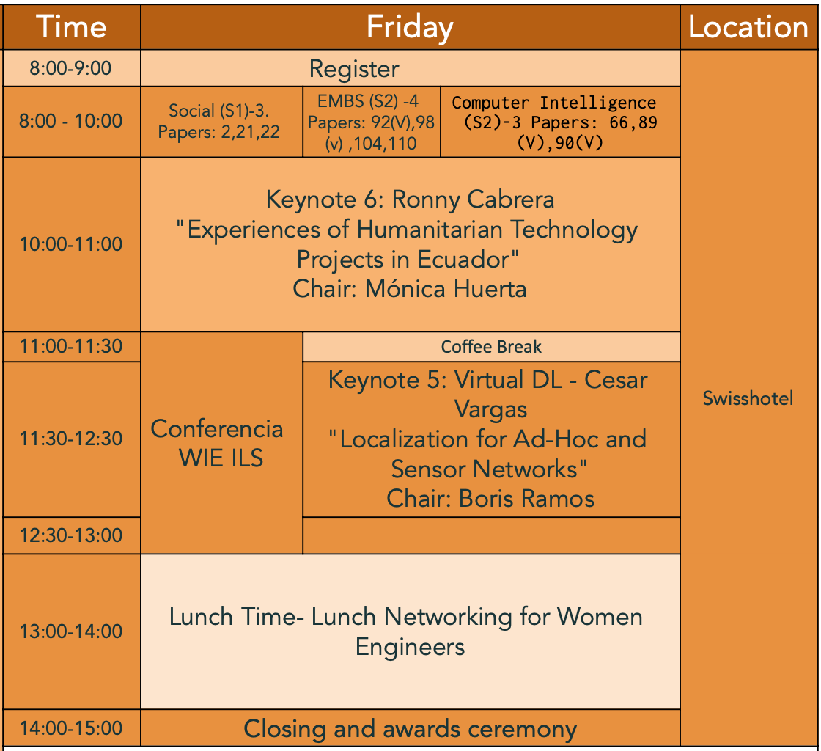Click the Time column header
tap(71, 27)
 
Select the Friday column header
tap(410, 27)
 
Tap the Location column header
tap(748, 27)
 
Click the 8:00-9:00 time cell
tap(71, 68)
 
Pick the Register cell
tap(410, 69)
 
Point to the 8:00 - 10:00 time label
tap(70, 121)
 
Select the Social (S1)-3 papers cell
tap(221, 122)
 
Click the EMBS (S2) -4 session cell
tap(371, 122)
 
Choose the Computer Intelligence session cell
tap(560, 122)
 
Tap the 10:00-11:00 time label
tap(70, 244)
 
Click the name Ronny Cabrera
tap(474, 199)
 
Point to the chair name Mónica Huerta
tap(446, 288)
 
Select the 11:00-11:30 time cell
tap(71, 346)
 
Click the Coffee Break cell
tap(491, 346)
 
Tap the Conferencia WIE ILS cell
tap(221, 442)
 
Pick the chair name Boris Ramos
tap(527, 499)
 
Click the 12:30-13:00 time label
tap(70, 535)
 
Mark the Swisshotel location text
tap(748, 398)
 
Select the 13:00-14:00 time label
tap(70, 631)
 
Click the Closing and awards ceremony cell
tap(410, 728)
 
